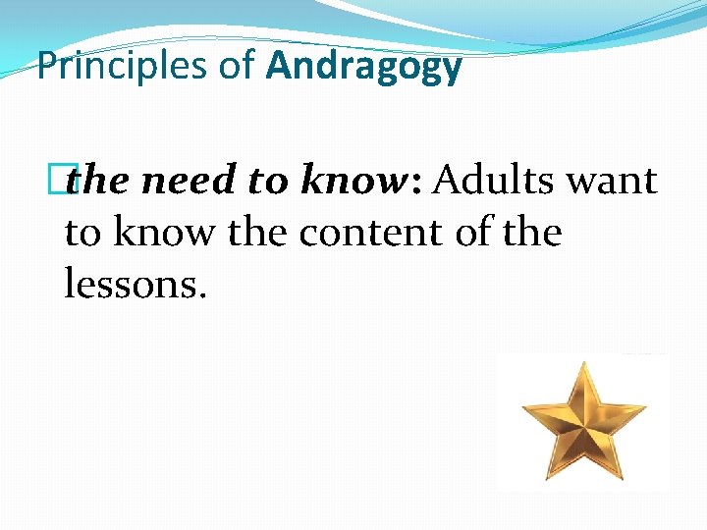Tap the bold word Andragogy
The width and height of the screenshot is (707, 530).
pos(363,67)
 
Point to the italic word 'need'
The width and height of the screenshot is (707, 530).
pos(182,182)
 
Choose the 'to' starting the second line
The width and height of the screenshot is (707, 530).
pos(82,234)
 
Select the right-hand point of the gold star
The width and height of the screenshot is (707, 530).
pos(644,403)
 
